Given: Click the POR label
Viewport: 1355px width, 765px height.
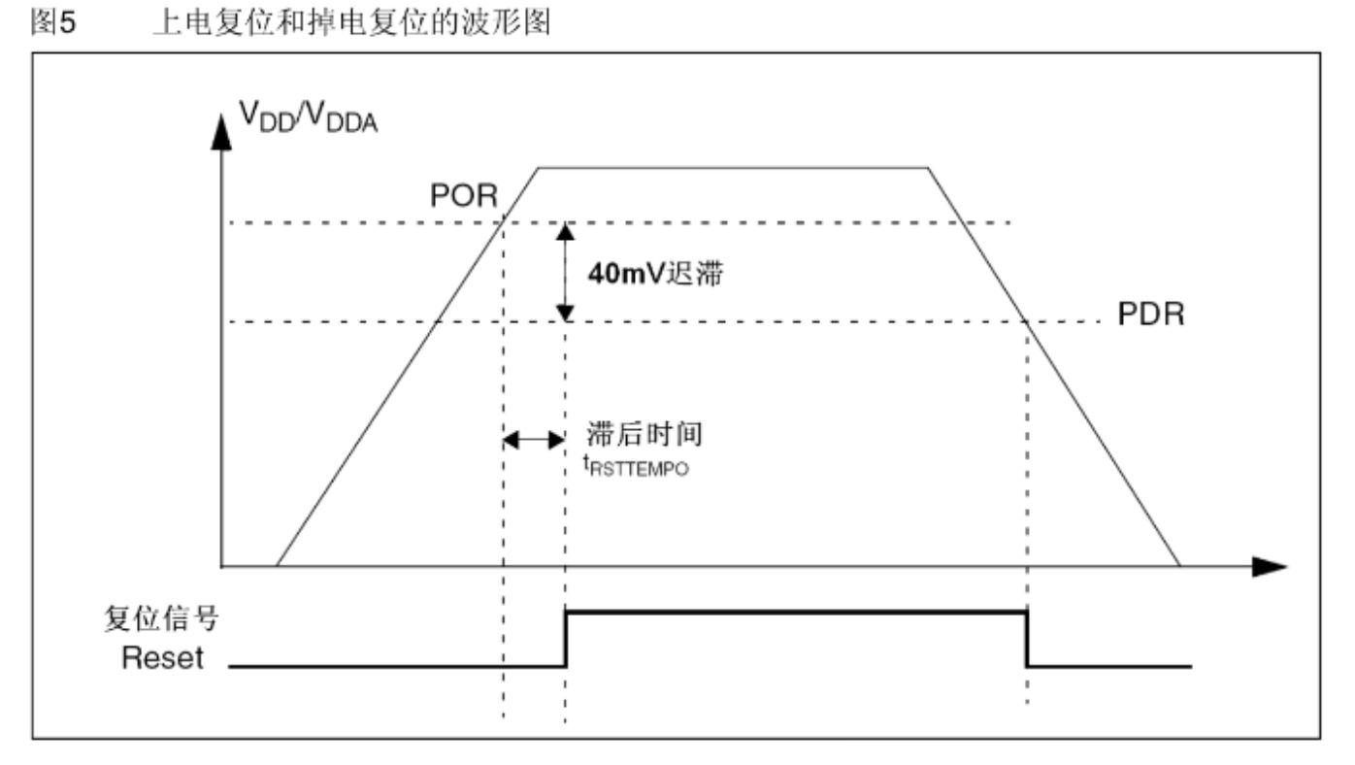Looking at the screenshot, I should pos(464,197).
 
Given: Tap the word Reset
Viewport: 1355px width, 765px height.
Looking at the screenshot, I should pos(163,658).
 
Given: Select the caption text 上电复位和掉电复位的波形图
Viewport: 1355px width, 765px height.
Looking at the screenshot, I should pos(350,24).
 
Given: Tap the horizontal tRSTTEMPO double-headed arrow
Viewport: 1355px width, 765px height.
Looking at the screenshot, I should pos(534,440).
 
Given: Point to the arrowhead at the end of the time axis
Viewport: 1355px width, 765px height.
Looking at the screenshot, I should pos(1271,565).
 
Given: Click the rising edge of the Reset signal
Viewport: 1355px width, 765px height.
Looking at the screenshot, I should pos(566,639).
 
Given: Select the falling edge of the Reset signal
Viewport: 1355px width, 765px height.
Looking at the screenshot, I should pos(1027,639).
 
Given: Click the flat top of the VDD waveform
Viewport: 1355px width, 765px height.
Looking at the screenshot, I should pos(733,168).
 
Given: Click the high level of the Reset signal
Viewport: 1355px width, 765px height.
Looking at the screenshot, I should pos(796,612).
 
